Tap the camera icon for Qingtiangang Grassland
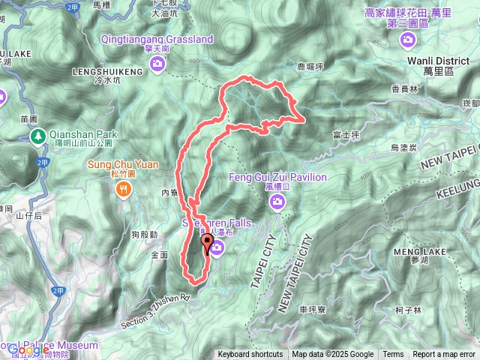[157, 64]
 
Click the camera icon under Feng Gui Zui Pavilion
[278, 201]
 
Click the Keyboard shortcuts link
[250, 355]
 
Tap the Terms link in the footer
[393, 355]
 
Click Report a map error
[444, 355]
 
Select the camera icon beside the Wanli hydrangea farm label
[408, 39]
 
